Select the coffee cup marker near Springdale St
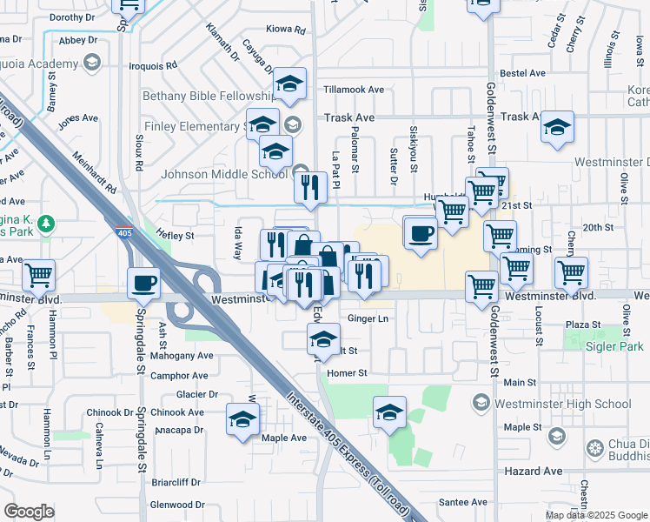pos(143,282)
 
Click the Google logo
pos(30,512)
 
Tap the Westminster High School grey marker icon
pos(480,404)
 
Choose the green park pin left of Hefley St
pos(46,224)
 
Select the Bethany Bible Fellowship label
pos(208,96)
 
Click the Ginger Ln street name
pos(368,319)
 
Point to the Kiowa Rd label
pos(288,30)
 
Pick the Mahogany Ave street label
pos(182,356)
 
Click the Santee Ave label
pos(463,502)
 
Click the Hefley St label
pos(174,235)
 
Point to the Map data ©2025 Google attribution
pos(596,515)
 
